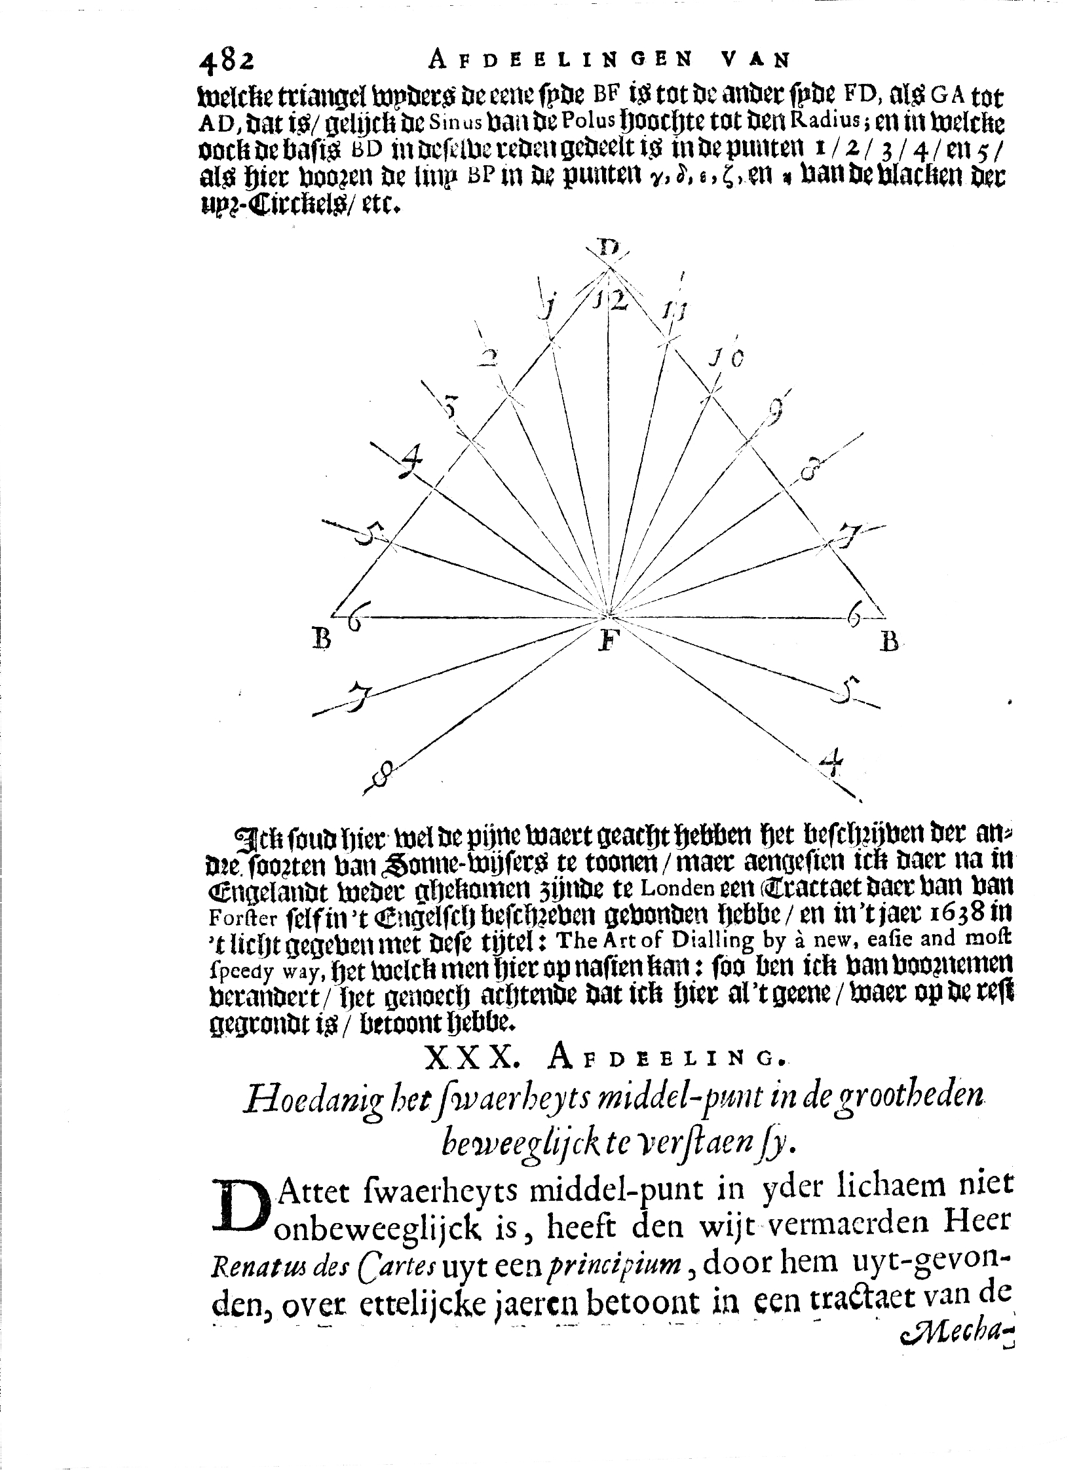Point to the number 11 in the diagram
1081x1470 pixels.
[x=672, y=310]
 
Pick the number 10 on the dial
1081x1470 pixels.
[x=726, y=359]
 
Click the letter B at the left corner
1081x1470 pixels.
[x=322, y=637]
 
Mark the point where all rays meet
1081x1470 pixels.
[x=609, y=616]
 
